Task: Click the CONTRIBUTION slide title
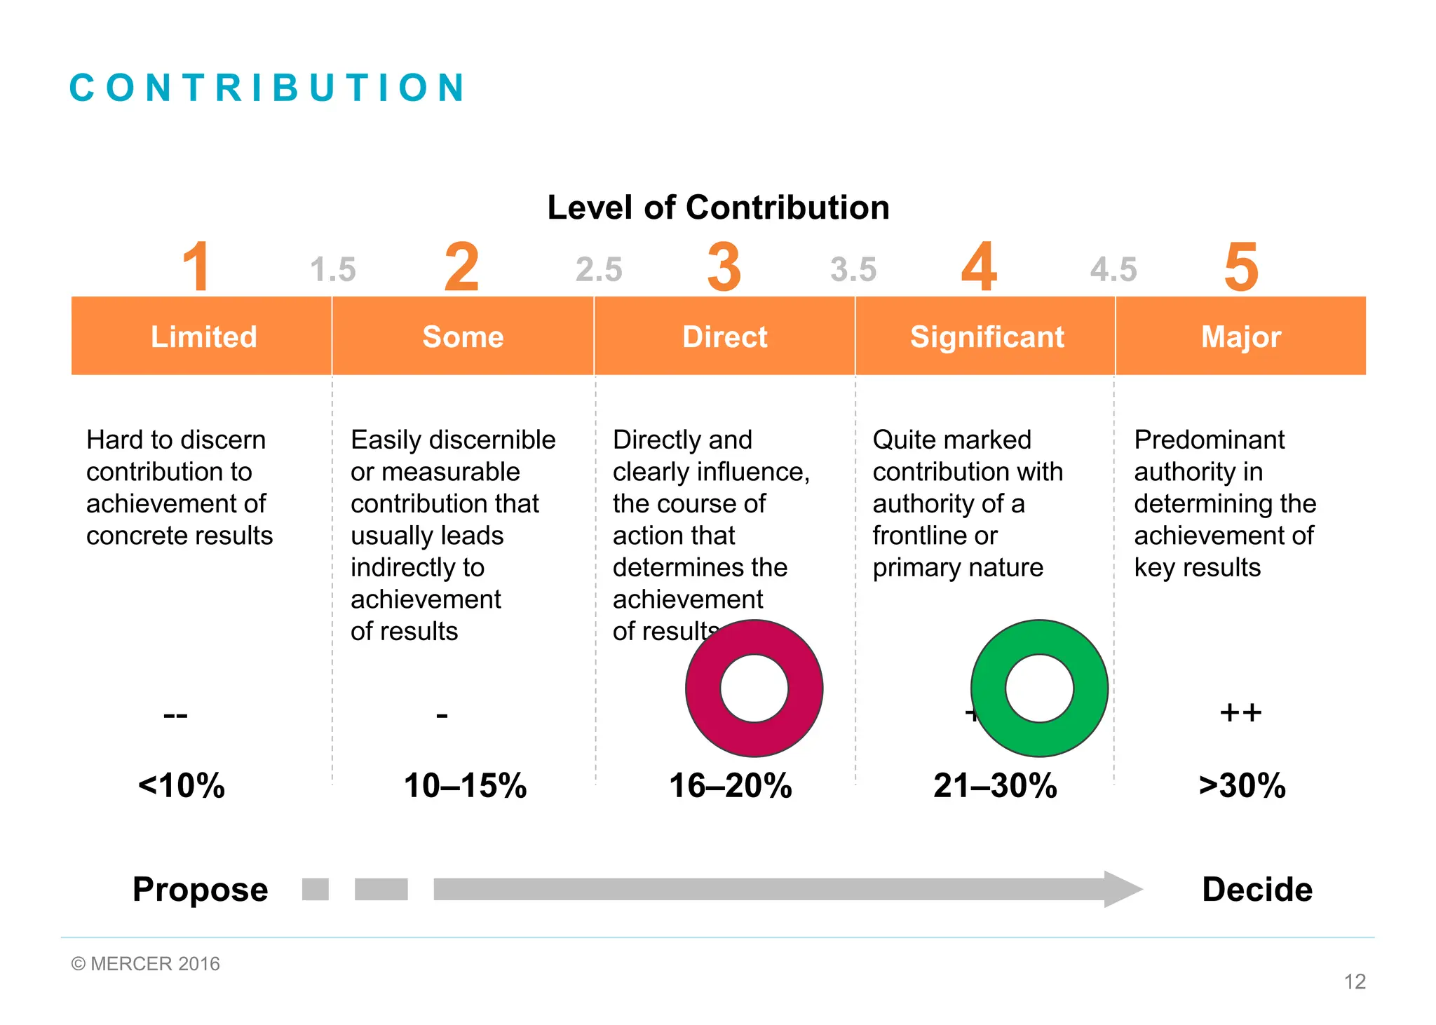pyautogui.click(x=267, y=88)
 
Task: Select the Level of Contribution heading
pyautogui.click(x=718, y=208)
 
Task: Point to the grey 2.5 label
pyautogui.click(x=599, y=270)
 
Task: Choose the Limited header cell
pyautogui.click(x=203, y=337)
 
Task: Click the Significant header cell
pyautogui.click(x=987, y=337)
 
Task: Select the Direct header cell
pyautogui.click(x=724, y=337)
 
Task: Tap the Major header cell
pyautogui.click(x=1240, y=337)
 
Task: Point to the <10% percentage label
pyautogui.click(x=182, y=785)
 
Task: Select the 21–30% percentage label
pyautogui.click(x=995, y=785)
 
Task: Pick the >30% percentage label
pyautogui.click(x=1242, y=785)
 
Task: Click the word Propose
pyautogui.click(x=200, y=889)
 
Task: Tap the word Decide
pyautogui.click(x=1256, y=889)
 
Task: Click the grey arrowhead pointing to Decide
pyautogui.click(x=1122, y=889)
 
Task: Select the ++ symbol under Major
pyautogui.click(x=1240, y=712)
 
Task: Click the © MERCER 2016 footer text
pyautogui.click(x=146, y=964)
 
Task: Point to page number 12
pyautogui.click(x=1354, y=982)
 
